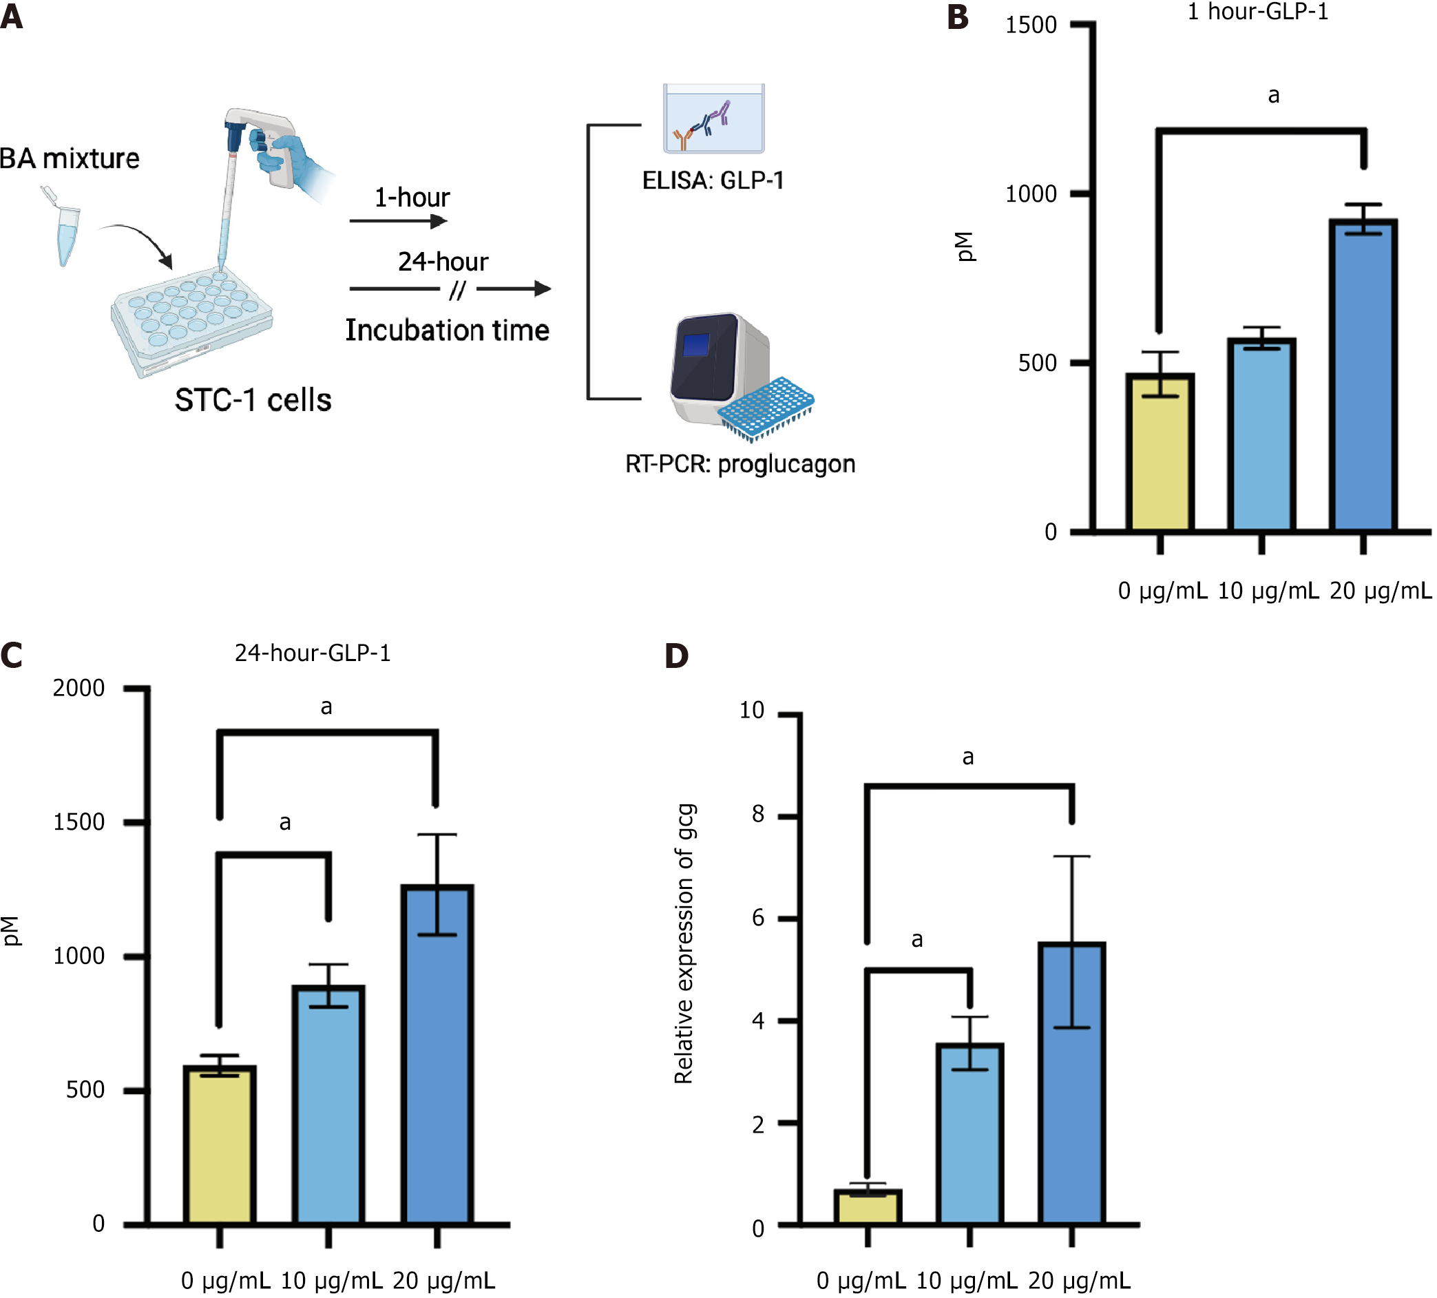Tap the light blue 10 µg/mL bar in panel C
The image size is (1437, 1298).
point(328,1105)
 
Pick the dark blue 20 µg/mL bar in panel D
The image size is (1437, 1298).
point(1071,1083)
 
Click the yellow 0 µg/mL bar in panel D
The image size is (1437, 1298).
point(868,1208)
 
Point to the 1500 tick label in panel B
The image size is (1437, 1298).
point(1030,25)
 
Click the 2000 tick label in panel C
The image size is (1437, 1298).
point(78,689)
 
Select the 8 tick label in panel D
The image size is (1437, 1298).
point(757,815)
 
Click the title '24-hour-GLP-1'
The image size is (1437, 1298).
point(312,653)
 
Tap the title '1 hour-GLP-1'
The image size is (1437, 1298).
point(1257,12)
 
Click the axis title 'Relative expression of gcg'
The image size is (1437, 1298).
point(684,944)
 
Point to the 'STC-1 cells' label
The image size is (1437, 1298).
point(253,400)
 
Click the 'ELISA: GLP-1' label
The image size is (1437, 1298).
point(713,180)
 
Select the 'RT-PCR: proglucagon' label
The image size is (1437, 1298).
point(740,464)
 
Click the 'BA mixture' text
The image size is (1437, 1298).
point(69,158)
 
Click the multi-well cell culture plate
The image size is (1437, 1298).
point(191,320)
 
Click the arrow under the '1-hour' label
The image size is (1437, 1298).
point(399,221)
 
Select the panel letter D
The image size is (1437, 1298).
point(675,656)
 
